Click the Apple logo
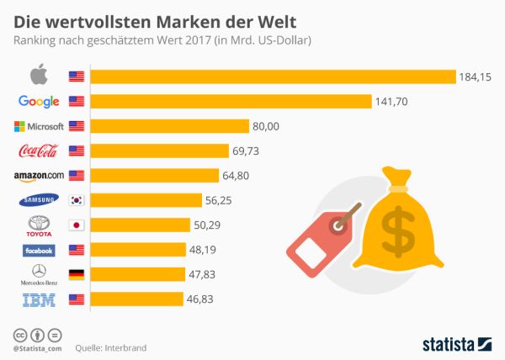click(38, 77)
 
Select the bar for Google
click(231, 102)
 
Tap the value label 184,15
click(475, 77)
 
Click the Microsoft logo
click(39, 126)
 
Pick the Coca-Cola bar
click(159, 151)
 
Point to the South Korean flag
click(77, 200)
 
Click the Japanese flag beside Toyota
click(77, 225)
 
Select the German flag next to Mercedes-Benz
click(77, 274)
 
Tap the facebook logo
click(39, 250)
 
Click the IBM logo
click(38, 299)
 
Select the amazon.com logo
click(39, 176)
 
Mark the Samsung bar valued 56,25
click(146, 200)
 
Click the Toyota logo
click(38, 225)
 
